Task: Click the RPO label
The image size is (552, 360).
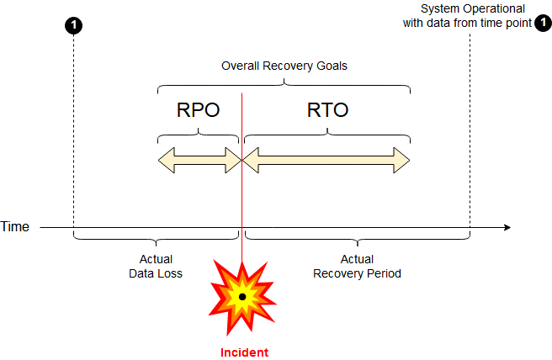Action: point(198,109)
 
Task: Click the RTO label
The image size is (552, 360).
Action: point(327,109)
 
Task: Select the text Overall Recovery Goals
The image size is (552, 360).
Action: point(284,66)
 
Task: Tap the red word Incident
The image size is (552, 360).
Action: point(244,352)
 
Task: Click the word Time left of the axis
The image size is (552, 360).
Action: point(15,227)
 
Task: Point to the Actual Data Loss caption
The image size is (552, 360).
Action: point(155,267)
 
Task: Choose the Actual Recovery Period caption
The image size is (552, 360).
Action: point(357,267)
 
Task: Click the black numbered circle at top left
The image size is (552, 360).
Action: point(74,25)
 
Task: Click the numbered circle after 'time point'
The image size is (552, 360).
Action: point(543,24)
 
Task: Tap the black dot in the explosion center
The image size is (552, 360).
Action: point(242,297)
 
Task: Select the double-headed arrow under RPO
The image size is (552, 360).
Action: point(199,160)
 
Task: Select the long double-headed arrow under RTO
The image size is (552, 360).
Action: point(326,160)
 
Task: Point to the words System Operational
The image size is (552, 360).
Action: point(472,8)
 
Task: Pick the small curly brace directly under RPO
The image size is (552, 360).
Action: point(199,134)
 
